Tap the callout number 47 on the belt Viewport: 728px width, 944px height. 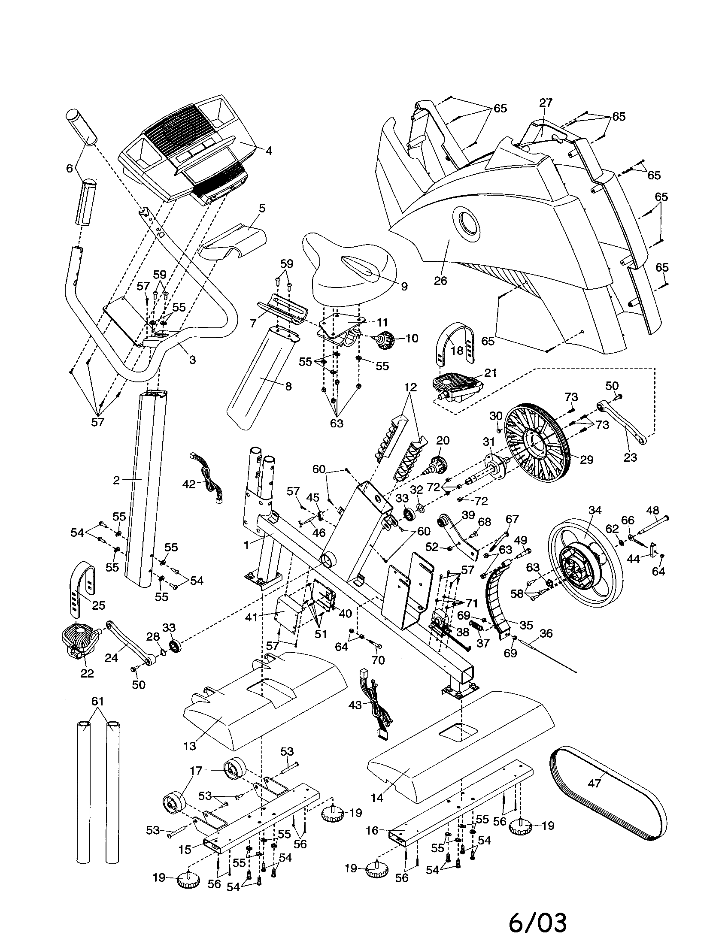tap(595, 783)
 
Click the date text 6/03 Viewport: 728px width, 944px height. tap(537, 921)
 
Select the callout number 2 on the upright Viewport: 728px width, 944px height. tap(116, 480)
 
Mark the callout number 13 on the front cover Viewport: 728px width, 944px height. tap(190, 746)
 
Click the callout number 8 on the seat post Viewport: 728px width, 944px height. tap(288, 386)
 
